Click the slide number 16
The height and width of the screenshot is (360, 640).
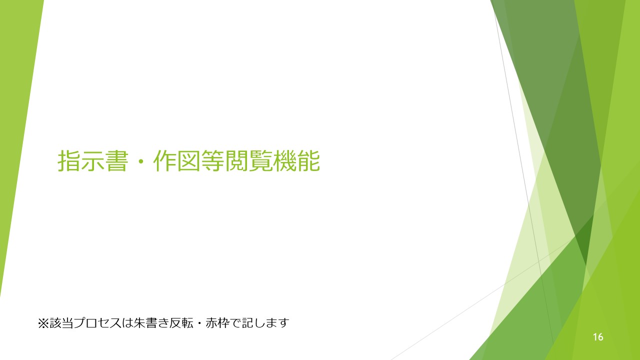[598, 337]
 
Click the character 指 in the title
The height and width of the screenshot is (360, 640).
[69, 161]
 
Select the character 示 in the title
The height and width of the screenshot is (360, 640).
[92, 161]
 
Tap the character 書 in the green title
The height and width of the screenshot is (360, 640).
[116, 161]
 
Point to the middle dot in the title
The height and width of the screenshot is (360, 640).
[140, 161]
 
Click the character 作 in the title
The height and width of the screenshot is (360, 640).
[164, 161]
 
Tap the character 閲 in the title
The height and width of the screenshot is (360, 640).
[236, 161]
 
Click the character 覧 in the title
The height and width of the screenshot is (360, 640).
[260, 161]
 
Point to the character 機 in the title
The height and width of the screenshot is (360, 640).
[284, 161]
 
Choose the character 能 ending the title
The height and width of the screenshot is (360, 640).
[308, 161]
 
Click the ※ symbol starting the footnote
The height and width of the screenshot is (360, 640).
[43, 323]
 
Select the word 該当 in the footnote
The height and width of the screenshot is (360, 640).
[61, 323]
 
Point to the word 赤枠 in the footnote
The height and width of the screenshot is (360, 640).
[217, 323]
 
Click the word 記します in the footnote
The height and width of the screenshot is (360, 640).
[265, 323]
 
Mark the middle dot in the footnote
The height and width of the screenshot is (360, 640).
[199, 323]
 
